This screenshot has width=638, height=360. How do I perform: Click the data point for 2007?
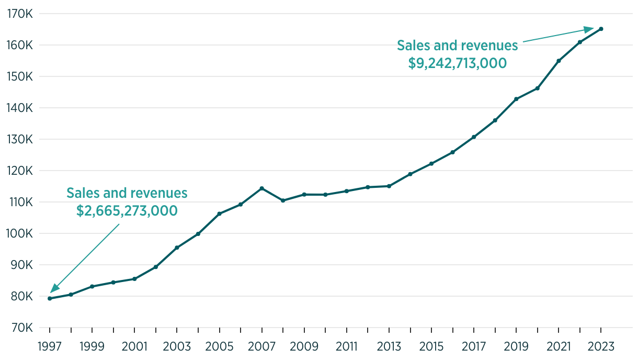point(261,188)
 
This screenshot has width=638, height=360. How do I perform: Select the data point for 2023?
point(601,29)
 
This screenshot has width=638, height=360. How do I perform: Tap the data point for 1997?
point(50,298)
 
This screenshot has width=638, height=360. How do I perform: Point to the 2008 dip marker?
point(283,200)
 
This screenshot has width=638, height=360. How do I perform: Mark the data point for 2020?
point(538,88)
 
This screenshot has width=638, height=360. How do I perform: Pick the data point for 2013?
point(389,186)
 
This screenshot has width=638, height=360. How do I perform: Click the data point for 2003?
point(177,248)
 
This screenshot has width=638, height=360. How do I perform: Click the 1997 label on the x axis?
point(50,346)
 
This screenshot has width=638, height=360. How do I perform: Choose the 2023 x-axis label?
point(601,346)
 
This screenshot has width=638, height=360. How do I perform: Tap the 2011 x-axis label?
point(346,346)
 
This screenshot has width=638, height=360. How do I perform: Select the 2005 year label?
point(219,346)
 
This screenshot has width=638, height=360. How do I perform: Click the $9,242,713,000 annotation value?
point(458,63)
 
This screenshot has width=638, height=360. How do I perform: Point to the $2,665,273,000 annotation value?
point(127,211)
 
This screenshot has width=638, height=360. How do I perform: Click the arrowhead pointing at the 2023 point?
point(590,29)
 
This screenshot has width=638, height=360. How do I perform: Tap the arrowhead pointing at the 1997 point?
point(54,288)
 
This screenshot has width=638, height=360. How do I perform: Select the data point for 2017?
point(474,137)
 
